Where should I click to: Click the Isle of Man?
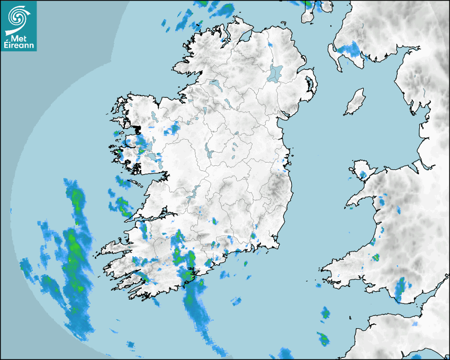(x=355, y=102)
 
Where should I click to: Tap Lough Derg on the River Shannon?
(x=195, y=191)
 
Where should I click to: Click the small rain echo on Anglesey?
(x=363, y=174)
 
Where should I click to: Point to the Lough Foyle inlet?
(x=244, y=37)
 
